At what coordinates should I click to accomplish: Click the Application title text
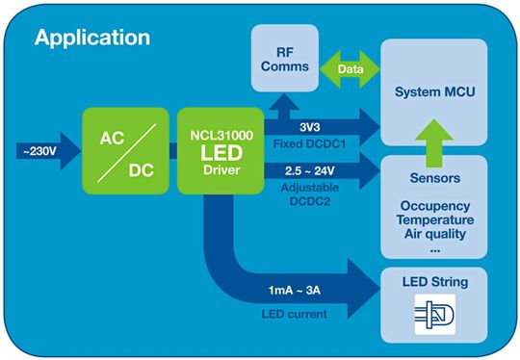(x=92, y=39)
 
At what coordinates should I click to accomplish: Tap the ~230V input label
(x=39, y=151)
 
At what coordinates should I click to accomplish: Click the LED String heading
(x=441, y=282)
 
